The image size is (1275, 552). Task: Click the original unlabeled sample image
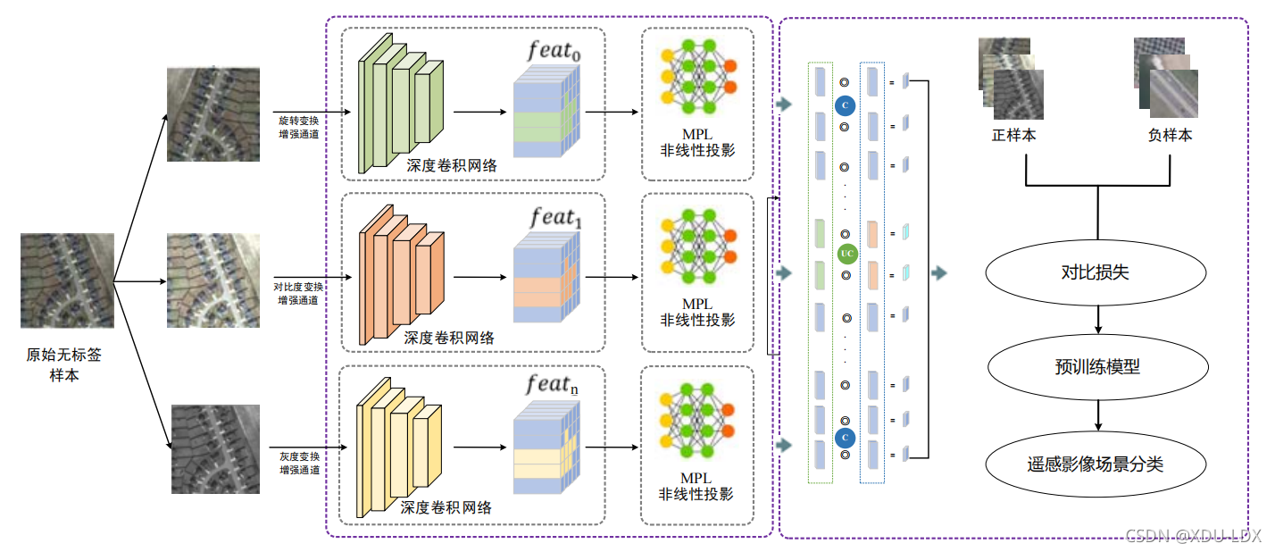pyautogui.click(x=68, y=280)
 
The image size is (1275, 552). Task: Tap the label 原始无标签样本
pyautogui.click(x=63, y=364)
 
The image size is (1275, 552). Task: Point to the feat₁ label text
pyautogui.click(x=554, y=218)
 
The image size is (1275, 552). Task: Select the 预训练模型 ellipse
pyautogui.click(x=1096, y=366)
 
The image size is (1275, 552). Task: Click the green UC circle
pyautogui.click(x=847, y=254)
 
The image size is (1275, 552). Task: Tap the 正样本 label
pyautogui.click(x=1013, y=137)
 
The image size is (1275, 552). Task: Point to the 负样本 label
pyautogui.click(x=1170, y=137)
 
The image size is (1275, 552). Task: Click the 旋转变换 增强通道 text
pyautogui.click(x=298, y=126)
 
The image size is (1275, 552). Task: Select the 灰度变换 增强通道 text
pyautogui.click(x=298, y=462)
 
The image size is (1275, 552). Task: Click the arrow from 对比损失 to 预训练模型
pyautogui.click(x=1096, y=320)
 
